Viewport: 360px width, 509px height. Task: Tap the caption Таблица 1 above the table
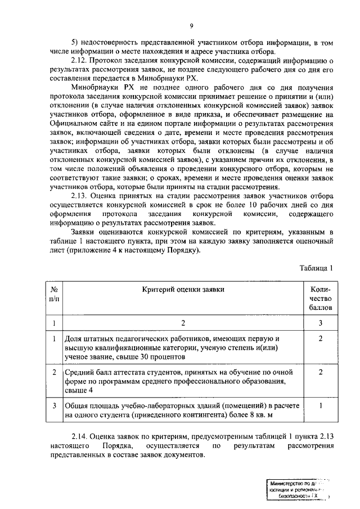tap(316, 268)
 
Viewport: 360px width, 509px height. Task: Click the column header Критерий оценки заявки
tap(183, 289)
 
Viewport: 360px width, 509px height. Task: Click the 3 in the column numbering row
tap(320, 323)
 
